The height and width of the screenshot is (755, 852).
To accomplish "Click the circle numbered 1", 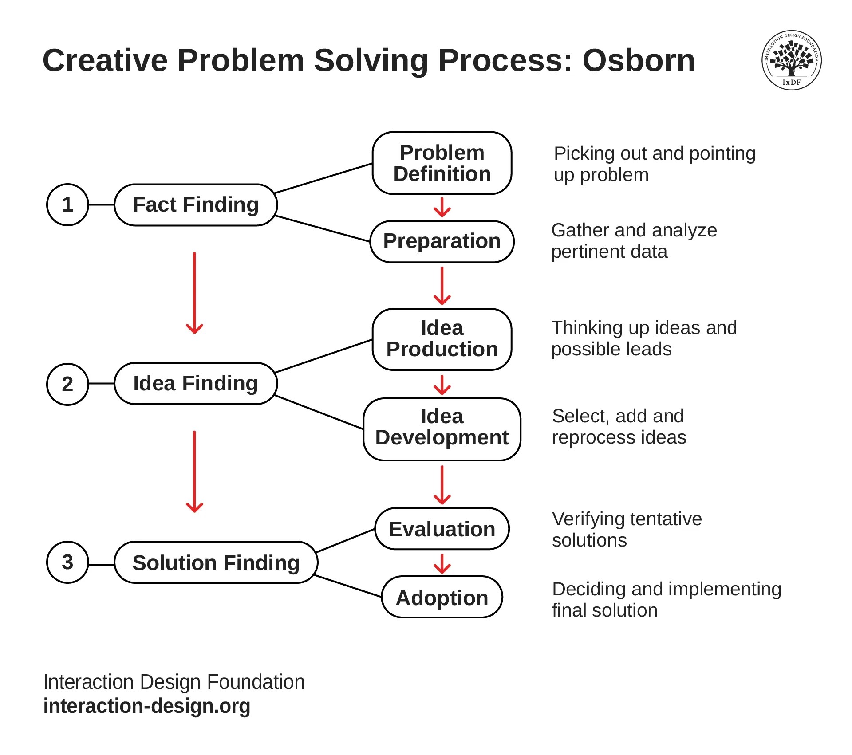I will click(67, 204).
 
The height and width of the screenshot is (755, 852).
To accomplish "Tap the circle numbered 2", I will click(67, 384).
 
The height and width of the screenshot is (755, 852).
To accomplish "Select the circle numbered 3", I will click(67, 562).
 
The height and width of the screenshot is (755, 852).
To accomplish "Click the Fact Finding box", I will click(196, 204).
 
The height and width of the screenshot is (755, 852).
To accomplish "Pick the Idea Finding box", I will click(196, 383).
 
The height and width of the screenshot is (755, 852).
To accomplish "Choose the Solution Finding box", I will click(216, 562).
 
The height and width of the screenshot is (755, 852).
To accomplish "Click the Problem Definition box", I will click(442, 163).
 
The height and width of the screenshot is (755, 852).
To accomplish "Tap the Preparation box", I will click(442, 241).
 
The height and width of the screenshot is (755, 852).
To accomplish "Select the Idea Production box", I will click(442, 339).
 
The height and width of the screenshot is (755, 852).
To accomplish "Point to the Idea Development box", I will click(442, 429).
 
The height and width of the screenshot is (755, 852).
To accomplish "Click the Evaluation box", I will click(442, 529).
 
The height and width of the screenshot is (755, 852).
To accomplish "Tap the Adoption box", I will click(442, 597).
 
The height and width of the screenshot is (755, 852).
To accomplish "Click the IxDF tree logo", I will click(791, 60).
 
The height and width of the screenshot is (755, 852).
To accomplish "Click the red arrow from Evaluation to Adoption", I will click(442, 563).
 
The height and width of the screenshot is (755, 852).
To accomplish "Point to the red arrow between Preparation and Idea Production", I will click(442, 286).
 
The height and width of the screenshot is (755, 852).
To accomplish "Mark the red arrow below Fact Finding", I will click(194, 293).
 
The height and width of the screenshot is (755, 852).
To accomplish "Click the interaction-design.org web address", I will click(147, 706).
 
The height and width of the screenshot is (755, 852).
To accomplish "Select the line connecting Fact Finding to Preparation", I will click(323, 229).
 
